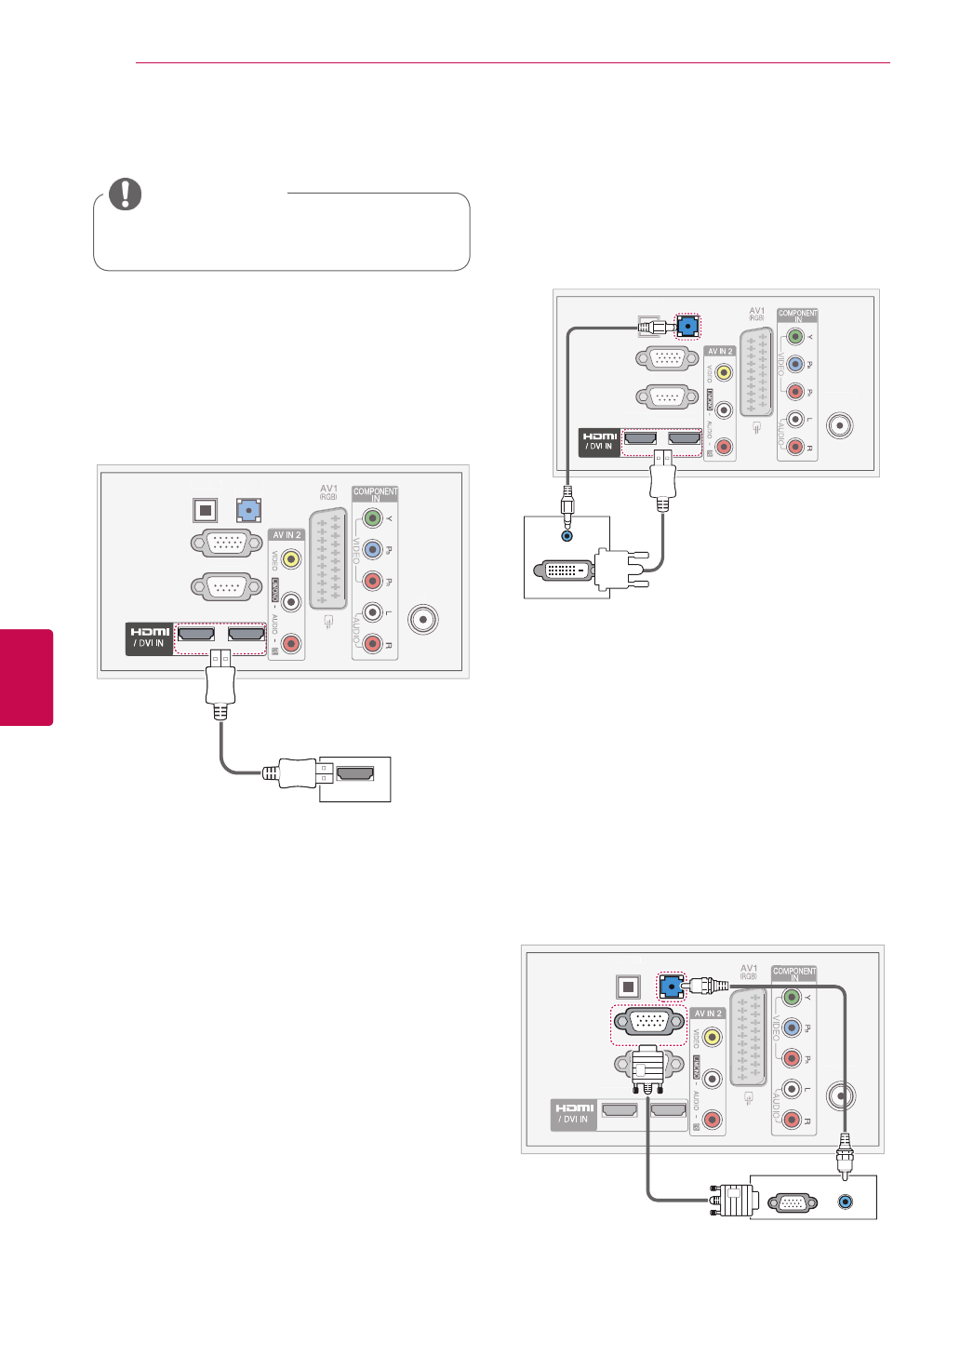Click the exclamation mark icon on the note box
point(126,194)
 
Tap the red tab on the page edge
point(26,677)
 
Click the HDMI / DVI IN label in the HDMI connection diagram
point(150,638)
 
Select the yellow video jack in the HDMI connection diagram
point(291,558)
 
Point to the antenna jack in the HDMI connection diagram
point(423,619)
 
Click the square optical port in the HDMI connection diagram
point(205,510)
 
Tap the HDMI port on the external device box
point(354,773)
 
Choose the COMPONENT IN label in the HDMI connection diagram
point(375,493)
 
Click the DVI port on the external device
point(561,569)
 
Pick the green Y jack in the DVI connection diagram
point(795,337)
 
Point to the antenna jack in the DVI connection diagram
point(840,425)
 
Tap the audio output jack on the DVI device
point(567,535)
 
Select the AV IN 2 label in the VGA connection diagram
point(708,1014)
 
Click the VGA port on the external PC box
point(791,1202)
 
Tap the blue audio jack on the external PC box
point(845,1202)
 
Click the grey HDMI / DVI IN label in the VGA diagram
point(574,1113)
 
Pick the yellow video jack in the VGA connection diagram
point(713,1036)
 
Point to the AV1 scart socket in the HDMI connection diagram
point(328,558)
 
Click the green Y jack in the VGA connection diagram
point(792,997)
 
